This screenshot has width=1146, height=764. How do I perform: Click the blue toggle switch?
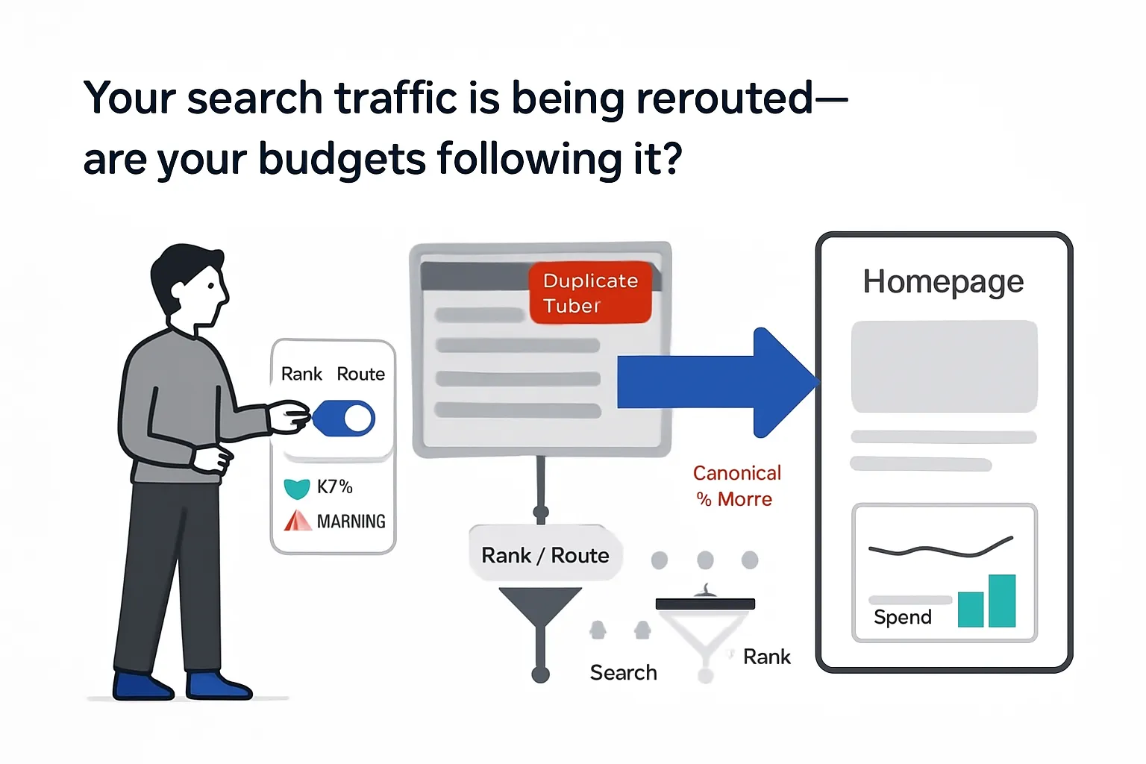click(x=344, y=419)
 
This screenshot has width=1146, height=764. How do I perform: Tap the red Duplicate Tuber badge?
click(x=590, y=292)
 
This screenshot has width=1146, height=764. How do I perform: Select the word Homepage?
click(x=943, y=283)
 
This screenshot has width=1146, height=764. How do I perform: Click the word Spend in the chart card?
click(x=902, y=617)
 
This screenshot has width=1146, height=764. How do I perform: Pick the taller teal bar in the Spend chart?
click(x=1002, y=601)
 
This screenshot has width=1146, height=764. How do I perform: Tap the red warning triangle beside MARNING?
click(x=298, y=520)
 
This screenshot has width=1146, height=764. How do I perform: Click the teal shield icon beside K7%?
click(x=297, y=489)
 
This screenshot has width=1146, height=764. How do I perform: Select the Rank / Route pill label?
click(x=545, y=555)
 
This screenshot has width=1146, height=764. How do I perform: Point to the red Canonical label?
click(x=736, y=473)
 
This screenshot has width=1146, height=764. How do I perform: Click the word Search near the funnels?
click(x=623, y=672)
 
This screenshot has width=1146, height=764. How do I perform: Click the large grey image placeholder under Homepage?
click(x=944, y=366)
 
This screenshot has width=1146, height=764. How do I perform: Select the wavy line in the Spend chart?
click(x=940, y=550)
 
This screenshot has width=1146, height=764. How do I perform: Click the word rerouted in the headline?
click(x=724, y=98)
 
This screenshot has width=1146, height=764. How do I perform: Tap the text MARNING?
click(x=351, y=521)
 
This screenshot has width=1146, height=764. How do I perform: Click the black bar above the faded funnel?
click(x=705, y=604)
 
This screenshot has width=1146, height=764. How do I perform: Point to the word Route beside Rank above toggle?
click(x=360, y=374)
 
